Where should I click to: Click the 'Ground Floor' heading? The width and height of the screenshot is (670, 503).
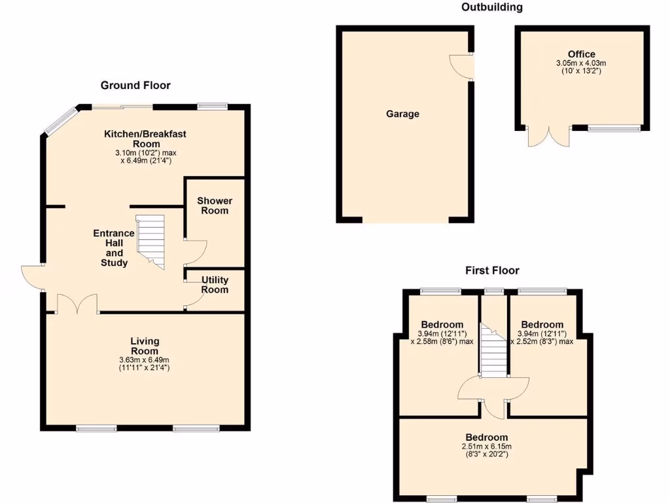coord(135,85)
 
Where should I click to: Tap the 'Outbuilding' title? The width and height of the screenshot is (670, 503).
coord(492,7)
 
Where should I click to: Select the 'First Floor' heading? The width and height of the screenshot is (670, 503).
coord(492,270)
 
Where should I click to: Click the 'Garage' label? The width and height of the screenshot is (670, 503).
coord(402,114)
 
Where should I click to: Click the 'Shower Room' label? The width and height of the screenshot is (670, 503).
coord(215,206)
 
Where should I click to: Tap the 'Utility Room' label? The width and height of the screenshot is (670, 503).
coord(215,284)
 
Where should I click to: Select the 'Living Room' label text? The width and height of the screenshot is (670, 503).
coord(145,346)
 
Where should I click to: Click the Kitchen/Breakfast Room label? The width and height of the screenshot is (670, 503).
coord(145,139)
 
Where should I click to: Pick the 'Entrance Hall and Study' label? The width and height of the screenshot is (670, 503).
coord(114,248)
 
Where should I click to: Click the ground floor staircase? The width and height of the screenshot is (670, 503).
coord(150,241)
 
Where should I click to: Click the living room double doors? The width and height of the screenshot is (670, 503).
coord(77,305)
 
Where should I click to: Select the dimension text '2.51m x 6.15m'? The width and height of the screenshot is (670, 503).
coord(486,447)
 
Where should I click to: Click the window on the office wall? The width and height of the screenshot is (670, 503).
coord(614,128)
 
